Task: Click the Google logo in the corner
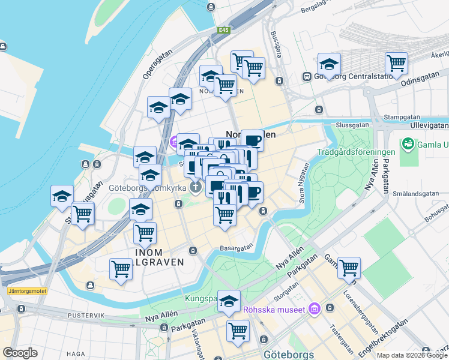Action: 20,353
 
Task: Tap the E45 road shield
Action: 224,29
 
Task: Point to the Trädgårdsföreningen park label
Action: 356,152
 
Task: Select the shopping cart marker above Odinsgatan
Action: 397,62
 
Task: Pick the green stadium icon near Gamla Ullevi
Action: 409,144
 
